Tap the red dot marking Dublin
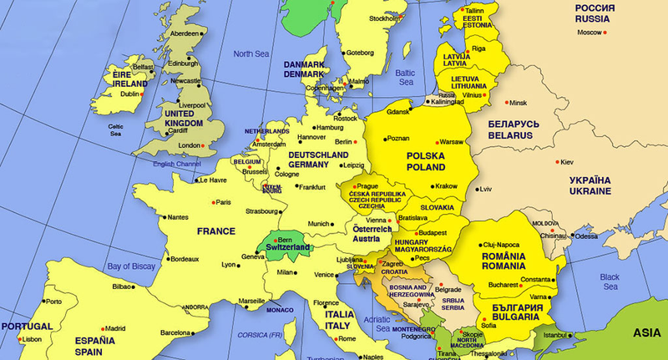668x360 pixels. coord(143,94)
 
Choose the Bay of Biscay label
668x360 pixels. coord(132,266)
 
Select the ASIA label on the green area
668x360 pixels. coord(647,332)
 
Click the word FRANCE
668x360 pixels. coord(217,231)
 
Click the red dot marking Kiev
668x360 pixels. coord(558,162)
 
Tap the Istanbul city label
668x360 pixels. coord(555,336)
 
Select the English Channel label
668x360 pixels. coord(178,164)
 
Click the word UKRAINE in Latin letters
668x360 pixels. coord(590,191)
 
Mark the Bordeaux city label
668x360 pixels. coord(185,259)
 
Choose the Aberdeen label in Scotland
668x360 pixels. coord(185,33)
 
